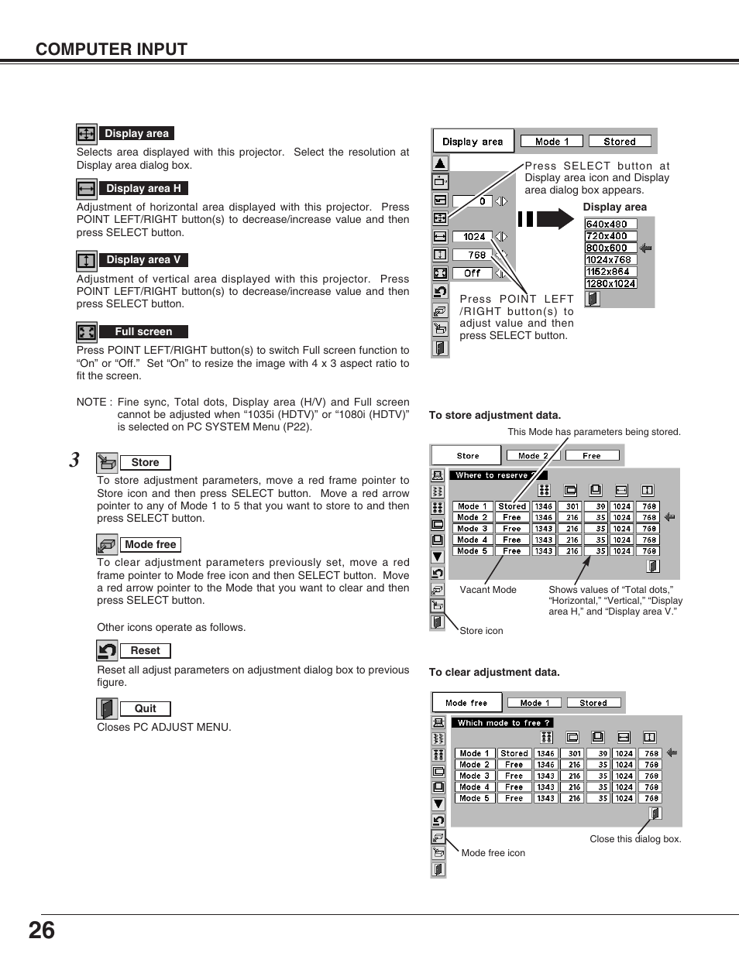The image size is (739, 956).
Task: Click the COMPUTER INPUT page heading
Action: pos(112,49)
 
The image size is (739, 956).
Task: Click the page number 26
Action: pos(42,930)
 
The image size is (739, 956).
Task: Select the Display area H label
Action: pos(143,188)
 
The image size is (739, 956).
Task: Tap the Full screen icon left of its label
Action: pos(86,332)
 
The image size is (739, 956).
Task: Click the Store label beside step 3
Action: pos(145,462)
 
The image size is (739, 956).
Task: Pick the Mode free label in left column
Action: pos(150,544)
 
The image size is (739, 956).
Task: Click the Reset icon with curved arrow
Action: pos(107,650)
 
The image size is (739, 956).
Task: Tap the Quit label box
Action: pos(145,708)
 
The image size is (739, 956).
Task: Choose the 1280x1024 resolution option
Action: pos(610,283)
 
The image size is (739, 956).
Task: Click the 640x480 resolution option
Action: pos(607,224)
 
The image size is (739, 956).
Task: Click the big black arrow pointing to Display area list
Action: pos(547,219)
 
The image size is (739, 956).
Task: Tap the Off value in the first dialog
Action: pos(472,273)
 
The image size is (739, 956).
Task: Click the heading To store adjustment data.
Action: pos(495,415)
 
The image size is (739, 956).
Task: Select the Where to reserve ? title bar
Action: pos(498,475)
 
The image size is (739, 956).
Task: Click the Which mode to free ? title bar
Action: pos(502,723)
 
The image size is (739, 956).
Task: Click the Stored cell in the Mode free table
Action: pos(514,753)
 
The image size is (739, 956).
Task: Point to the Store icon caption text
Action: pos(481,631)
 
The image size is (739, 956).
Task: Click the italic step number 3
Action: pos(74,461)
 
